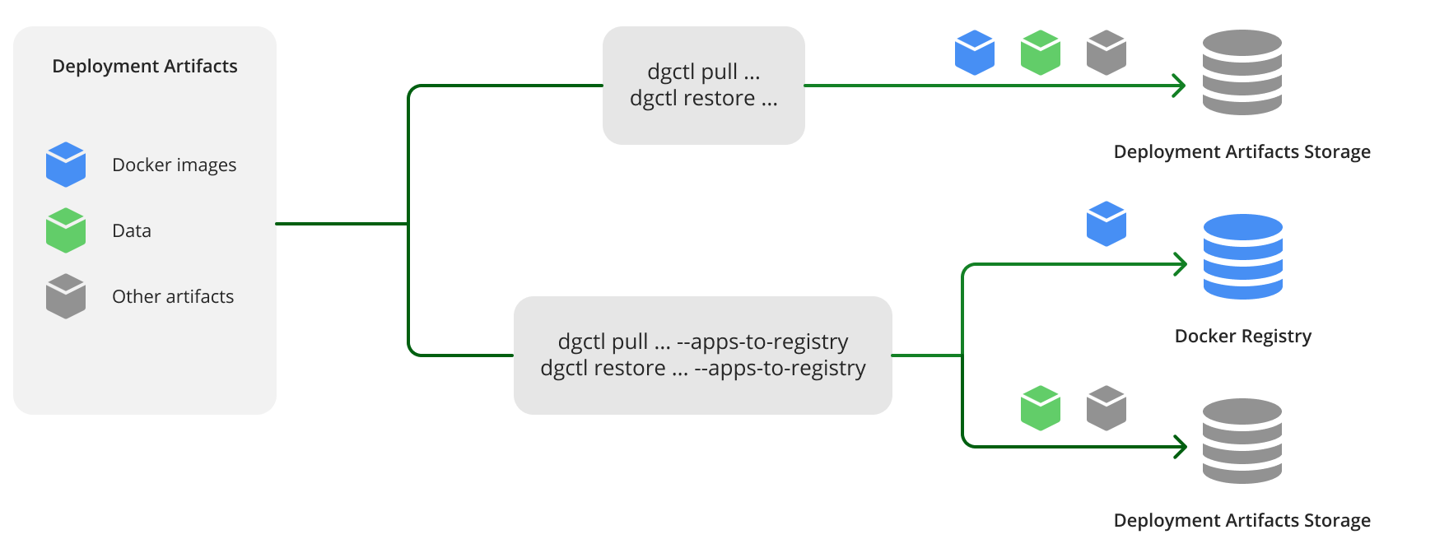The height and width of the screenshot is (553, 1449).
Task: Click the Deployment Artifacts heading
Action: (145, 66)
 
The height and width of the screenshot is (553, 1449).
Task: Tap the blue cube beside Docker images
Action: (66, 165)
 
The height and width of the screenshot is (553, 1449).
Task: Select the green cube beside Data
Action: (66, 230)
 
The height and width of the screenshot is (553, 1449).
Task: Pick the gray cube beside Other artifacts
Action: (66, 296)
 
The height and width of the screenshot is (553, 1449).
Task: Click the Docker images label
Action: (174, 165)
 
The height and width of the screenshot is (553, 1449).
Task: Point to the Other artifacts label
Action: (173, 296)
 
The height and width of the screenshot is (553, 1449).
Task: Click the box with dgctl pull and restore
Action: (703, 86)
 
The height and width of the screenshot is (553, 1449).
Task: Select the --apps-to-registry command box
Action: (703, 355)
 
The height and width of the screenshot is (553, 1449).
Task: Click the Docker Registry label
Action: (1242, 336)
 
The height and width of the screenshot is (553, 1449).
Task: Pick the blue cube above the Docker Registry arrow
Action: (1106, 224)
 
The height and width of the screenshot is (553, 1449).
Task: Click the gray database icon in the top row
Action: (1242, 72)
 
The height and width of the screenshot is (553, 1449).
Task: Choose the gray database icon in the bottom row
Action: (1242, 441)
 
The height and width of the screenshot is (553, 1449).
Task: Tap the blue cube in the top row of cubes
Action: (975, 53)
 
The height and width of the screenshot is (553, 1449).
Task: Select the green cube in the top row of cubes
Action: (1041, 53)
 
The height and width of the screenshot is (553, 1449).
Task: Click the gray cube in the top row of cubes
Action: (1106, 53)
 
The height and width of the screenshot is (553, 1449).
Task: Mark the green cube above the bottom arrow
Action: (1041, 408)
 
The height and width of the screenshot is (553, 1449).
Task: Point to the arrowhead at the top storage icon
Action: (1180, 86)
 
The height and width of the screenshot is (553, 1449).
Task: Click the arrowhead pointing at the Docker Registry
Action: (1181, 264)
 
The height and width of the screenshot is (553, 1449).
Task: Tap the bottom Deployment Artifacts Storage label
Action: (1242, 520)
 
